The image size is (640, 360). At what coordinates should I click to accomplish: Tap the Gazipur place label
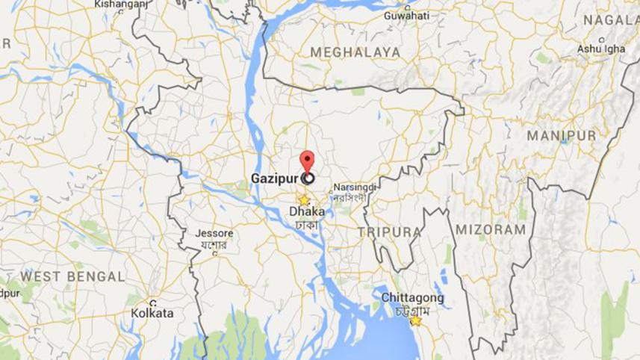pyautogui.click(x=276, y=179)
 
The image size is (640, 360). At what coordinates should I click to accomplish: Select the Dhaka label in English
pyautogui.click(x=307, y=212)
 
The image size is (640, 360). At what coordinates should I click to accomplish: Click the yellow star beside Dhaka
pyautogui.click(x=303, y=200)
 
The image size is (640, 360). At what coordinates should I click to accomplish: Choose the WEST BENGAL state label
pyautogui.click(x=72, y=276)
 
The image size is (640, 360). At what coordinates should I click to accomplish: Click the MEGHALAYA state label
pyautogui.click(x=355, y=52)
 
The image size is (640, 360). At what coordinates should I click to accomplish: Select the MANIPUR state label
pyautogui.click(x=561, y=136)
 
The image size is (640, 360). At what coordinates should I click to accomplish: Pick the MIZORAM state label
pyautogui.click(x=491, y=229)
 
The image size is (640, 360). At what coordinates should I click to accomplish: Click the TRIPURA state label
pyautogui.click(x=389, y=232)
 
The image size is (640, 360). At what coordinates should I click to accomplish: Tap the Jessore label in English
pyautogui.click(x=214, y=232)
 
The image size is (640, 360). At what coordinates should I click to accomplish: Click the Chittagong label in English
pyautogui.click(x=413, y=297)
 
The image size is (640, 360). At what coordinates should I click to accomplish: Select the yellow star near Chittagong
pyautogui.click(x=415, y=320)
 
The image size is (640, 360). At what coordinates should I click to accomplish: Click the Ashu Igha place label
pyautogui.click(x=601, y=49)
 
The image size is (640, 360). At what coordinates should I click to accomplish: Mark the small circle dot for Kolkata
pyautogui.click(x=152, y=303)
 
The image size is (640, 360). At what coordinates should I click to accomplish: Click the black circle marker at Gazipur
pyautogui.click(x=307, y=179)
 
